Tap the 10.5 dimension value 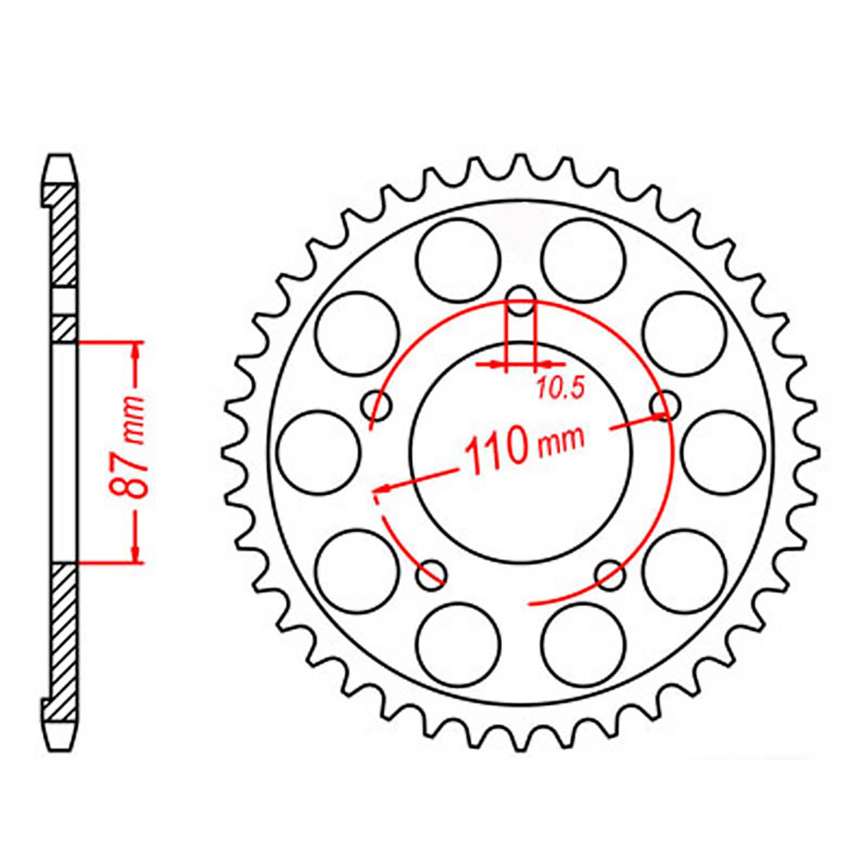click(559, 388)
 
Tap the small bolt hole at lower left click(432, 574)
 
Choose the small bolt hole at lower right click(610, 574)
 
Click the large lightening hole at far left click(319, 451)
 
